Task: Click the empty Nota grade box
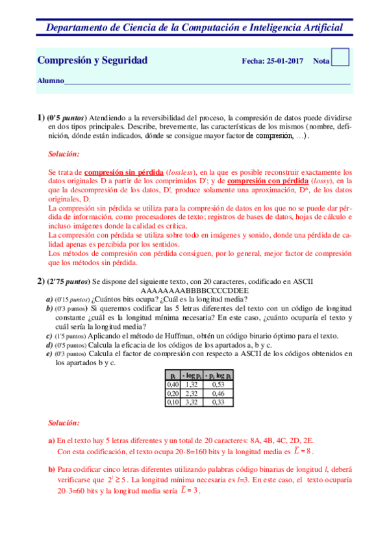tap(340, 58)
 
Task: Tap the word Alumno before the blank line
tap(51, 81)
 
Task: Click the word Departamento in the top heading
tap(77, 27)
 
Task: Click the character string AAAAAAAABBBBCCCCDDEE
tap(194, 290)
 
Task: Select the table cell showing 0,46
tap(218, 393)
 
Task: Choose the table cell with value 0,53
tap(218, 384)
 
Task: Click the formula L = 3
tap(188, 491)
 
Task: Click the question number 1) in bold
tap(40, 117)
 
